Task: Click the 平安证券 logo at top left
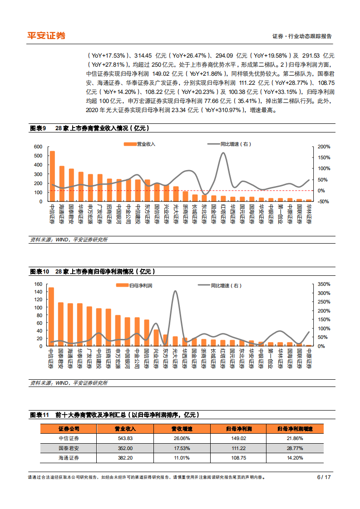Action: coord(46,35)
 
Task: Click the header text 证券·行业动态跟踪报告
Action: coord(301,36)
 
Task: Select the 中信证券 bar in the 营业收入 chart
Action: coord(52,176)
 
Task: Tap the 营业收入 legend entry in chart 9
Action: coord(140,144)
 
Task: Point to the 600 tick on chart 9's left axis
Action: coord(38,147)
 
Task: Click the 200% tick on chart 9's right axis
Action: coord(324,147)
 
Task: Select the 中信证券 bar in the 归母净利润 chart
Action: coord(51,317)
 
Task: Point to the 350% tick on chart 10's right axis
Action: coord(324,284)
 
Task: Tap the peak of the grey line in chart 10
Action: coord(175,291)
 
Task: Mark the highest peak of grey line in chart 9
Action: coord(223,153)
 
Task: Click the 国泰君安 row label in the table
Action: coord(69,448)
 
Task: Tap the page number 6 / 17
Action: coord(324,477)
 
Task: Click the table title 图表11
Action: coord(39,415)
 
